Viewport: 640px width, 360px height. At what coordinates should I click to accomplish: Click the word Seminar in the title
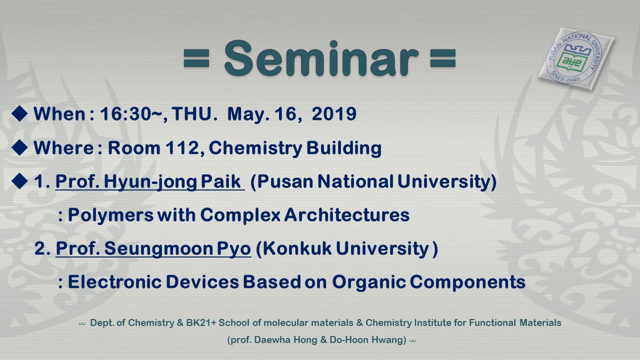coord(321,58)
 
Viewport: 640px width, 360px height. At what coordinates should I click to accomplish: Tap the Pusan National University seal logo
coord(575,59)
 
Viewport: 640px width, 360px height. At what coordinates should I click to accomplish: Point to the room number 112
coord(182,148)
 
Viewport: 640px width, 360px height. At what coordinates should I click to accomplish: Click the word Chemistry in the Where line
coord(255,148)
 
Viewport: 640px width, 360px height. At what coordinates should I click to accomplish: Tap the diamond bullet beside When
coord(19,113)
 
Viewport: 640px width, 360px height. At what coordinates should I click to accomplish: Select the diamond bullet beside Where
coord(19,147)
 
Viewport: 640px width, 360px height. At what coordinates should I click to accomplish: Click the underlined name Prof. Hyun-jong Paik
coord(150,181)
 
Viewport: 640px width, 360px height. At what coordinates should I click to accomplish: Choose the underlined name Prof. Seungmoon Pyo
coord(153,249)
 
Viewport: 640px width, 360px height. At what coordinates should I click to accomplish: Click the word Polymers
coord(110,215)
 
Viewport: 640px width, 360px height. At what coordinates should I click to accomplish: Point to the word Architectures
coord(347,215)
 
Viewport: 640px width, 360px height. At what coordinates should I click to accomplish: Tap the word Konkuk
coord(297,248)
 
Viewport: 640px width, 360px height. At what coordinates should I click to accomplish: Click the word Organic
coord(369,282)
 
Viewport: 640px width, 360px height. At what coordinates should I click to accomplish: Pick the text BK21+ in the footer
coord(201,323)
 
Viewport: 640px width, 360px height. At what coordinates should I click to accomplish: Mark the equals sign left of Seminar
coord(196,58)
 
